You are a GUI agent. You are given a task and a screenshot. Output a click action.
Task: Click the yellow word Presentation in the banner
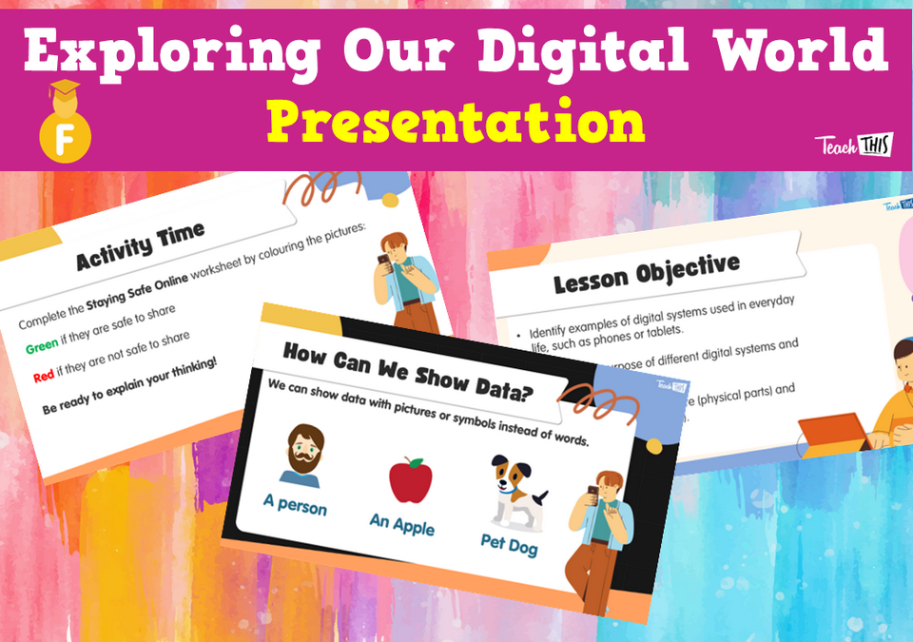pos(456,123)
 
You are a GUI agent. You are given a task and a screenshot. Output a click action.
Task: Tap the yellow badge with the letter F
pos(65,133)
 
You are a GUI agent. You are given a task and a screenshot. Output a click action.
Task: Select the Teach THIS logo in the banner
pos(852,146)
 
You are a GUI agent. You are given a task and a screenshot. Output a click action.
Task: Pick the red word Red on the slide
pos(43,377)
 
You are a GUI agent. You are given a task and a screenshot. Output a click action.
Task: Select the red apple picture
pos(410,481)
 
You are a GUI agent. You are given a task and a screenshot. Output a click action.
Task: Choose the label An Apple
pos(401,522)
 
